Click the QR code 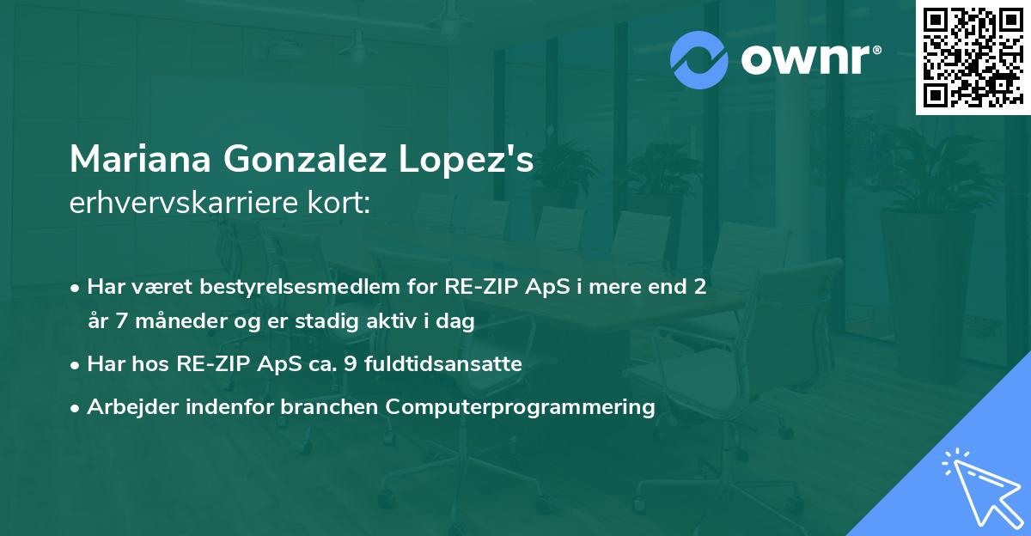(x=973, y=57)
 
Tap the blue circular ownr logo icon (x=699, y=60)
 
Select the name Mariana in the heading (x=140, y=159)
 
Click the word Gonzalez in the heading (x=305, y=159)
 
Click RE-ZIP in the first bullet (x=481, y=287)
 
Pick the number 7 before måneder (x=121, y=321)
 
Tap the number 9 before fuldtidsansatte (x=351, y=364)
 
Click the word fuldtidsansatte (x=443, y=363)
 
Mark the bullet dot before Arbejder (x=75, y=408)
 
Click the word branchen (x=329, y=406)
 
